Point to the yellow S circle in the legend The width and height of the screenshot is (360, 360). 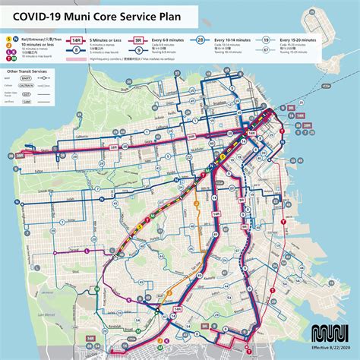coord(8,37)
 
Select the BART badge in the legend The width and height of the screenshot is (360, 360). coord(27,80)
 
